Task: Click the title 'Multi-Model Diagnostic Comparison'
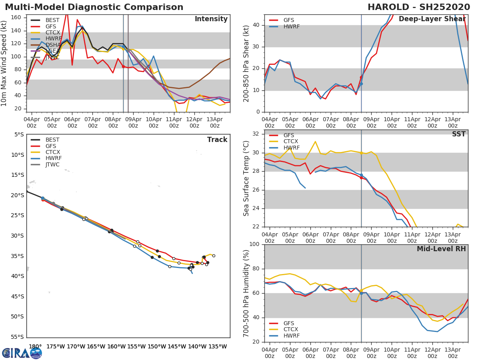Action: (x=94, y=7)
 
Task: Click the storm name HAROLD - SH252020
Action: (x=419, y=7)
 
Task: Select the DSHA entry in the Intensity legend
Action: (x=52, y=45)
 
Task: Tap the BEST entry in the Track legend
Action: (x=52, y=140)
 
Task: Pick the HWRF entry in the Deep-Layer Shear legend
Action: (x=291, y=27)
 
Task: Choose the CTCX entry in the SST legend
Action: (x=291, y=142)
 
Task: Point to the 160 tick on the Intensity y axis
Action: (x=17, y=18)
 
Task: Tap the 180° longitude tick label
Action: (x=35, y=346)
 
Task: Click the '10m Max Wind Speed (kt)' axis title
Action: (x=4, y=64)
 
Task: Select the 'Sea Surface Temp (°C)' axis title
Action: (x=246, y=178)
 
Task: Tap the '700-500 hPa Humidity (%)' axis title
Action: (x=246, y=293)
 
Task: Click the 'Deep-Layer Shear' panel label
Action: (x=432, y=19)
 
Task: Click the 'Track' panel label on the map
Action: (x=217, y=140)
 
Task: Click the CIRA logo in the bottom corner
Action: (x=22, y=353)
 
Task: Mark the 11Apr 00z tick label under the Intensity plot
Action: (x=174, y=122)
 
